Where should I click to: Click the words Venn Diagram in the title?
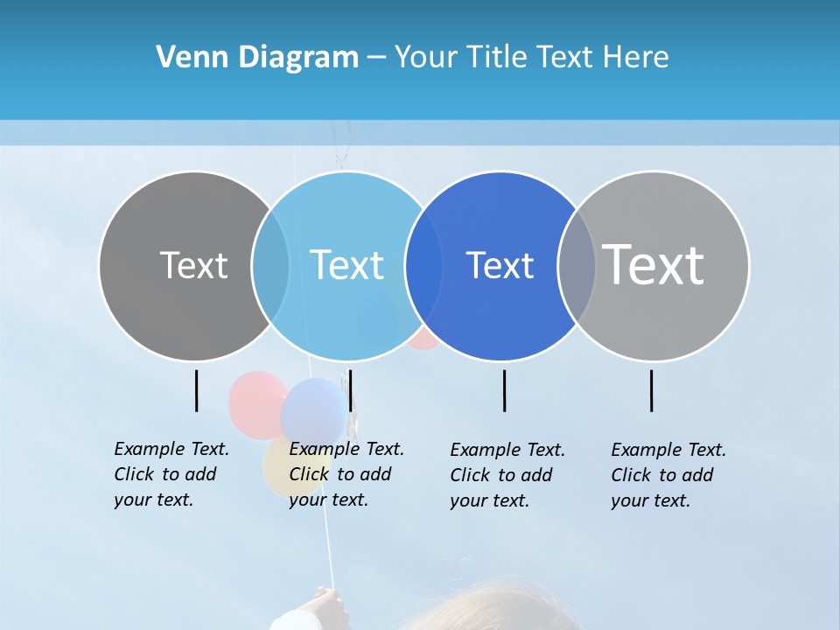tap(256, 58)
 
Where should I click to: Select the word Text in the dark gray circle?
tap(193, 265)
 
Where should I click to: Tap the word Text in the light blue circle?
tap(346, 265)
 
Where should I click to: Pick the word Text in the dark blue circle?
tap(500, 265)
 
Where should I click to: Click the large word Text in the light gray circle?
tap(654, 264)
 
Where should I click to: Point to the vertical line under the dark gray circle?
tap(196, 390)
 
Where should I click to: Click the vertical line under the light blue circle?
tap(350, 390)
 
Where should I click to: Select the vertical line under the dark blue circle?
tap(504, 390)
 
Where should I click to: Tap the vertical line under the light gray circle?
tap(651, 390)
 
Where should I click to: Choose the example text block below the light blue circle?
tap(346, 474)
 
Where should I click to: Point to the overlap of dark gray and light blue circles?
tap(270, 266)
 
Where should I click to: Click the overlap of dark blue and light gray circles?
tap(577, 266)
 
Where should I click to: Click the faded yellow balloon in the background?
tap(275, 468)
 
